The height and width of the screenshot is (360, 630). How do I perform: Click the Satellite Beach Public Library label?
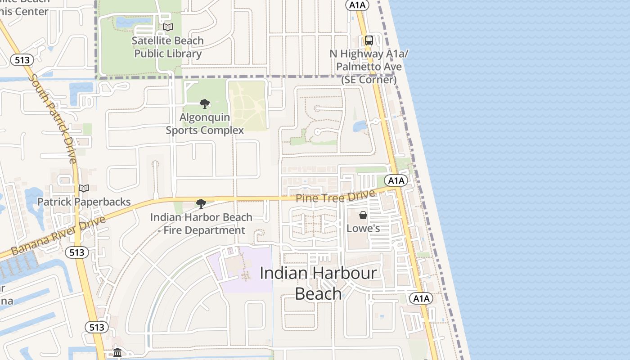tap(168, 47)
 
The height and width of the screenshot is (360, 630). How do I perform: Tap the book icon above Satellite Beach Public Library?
tap(168, 27)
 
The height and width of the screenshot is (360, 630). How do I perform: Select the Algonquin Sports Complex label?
tap(205, 124)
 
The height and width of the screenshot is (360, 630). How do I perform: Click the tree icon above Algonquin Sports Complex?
tap(205, 104)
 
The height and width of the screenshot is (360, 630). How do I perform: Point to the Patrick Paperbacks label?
tap(84, 202)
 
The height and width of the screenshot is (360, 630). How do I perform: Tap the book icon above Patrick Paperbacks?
tap(84, 188)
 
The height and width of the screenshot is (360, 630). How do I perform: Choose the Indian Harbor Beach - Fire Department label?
tap(201, 224)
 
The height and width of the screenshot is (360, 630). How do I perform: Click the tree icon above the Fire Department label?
tap(201, 204)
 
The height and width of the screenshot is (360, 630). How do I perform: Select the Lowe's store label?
tap(363, 228)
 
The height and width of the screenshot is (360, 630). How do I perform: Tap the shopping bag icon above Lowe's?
tap(363, 215)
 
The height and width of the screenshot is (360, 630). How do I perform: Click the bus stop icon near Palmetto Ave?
tap(369, 40)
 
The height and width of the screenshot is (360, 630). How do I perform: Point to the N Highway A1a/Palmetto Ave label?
tap(369, 67)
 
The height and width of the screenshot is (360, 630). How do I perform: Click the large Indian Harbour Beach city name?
tap(318, 283)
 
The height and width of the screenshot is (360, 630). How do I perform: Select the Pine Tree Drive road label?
tap(335, 197)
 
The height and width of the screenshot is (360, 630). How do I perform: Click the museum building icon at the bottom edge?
tap(117, 352)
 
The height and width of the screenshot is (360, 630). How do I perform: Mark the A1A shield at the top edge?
tap(357, 5)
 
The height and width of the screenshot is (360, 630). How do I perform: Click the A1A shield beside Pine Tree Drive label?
tap(396, 181)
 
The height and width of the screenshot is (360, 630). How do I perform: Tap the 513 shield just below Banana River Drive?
tap(77, 252)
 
